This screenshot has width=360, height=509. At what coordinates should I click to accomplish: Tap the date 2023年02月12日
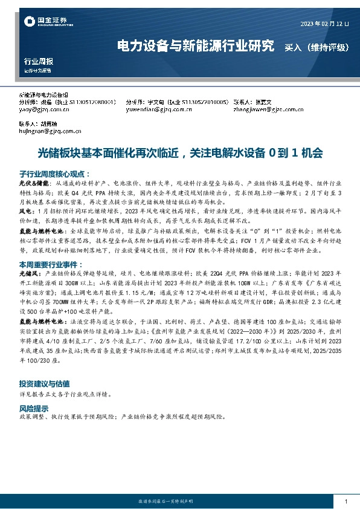coord(324,24)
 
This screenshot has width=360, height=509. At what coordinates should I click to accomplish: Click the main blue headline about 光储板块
coord(180,153)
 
